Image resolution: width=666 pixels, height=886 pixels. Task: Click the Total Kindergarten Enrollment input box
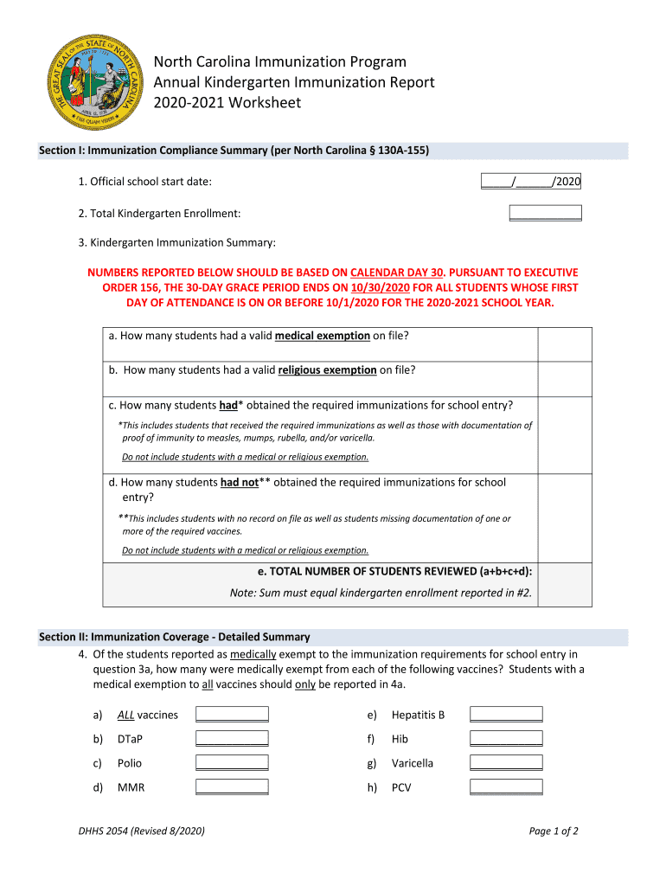[545, 213]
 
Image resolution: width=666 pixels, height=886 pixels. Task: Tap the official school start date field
[530, 182]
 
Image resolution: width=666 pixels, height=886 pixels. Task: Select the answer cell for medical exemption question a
[565, 343]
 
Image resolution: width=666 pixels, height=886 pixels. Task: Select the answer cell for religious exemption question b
[565, 378]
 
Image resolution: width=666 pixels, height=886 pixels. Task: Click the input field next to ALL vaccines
[232, 715]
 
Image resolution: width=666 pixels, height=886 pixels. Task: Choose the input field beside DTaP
[232, 739]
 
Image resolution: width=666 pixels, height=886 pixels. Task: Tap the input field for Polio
[232, 763]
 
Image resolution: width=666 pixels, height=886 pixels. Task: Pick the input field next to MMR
[232, 787]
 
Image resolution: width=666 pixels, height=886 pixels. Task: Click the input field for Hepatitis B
[506, 715]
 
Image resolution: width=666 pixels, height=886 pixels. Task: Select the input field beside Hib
[506, 739]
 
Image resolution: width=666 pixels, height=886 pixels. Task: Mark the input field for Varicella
[506, 763]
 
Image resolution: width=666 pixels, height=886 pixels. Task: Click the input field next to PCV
[506, 787]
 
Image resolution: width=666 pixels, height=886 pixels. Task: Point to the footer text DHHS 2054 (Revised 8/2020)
[142, 831]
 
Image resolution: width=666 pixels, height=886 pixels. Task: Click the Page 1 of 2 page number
[554, 831]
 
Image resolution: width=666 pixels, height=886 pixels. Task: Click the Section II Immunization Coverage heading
[175, 637]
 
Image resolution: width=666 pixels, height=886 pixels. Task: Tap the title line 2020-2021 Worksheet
[227, 103]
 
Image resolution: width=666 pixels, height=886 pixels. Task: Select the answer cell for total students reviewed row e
[565, 582]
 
